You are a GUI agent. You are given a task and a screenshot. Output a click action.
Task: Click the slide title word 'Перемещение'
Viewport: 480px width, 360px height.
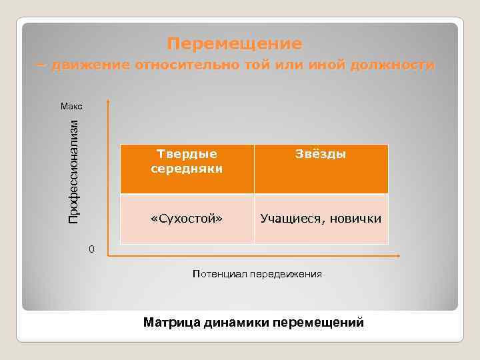pos(235,44)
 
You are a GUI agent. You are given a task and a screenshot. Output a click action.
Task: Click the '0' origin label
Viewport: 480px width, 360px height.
pos(92,249)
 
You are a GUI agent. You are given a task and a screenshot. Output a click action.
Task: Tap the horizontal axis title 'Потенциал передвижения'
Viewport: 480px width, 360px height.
pos(257,273)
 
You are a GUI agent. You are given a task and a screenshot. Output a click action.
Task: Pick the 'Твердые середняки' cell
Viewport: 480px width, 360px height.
pos(187,161)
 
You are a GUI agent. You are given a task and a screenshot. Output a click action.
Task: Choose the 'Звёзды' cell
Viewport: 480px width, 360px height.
pos(321,155)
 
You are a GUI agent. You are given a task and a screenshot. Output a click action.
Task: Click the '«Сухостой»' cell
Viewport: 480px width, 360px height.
pos(187,219)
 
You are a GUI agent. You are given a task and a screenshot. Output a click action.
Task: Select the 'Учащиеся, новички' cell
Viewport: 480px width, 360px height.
pos(321,219)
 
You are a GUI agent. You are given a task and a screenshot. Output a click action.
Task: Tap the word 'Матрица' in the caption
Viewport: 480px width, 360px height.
pos(171,323)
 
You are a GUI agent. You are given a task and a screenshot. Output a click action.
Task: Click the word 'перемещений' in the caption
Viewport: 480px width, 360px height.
pos(323,323)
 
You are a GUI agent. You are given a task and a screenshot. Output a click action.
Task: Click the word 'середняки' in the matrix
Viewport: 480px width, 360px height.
pos(187,169)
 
